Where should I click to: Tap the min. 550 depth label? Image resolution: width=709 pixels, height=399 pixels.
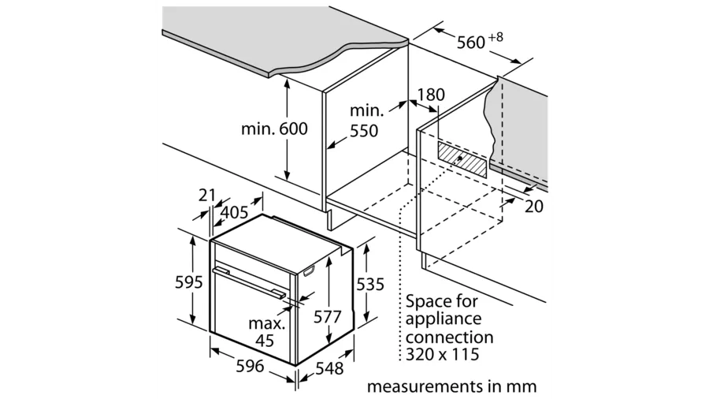click(x=365, y=121)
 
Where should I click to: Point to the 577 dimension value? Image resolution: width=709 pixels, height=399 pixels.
click(x=328, y=316)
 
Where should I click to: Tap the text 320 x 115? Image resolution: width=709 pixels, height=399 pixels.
click(x=443, y=355)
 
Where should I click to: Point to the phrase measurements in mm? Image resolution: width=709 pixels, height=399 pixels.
click(x=451, y=386)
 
